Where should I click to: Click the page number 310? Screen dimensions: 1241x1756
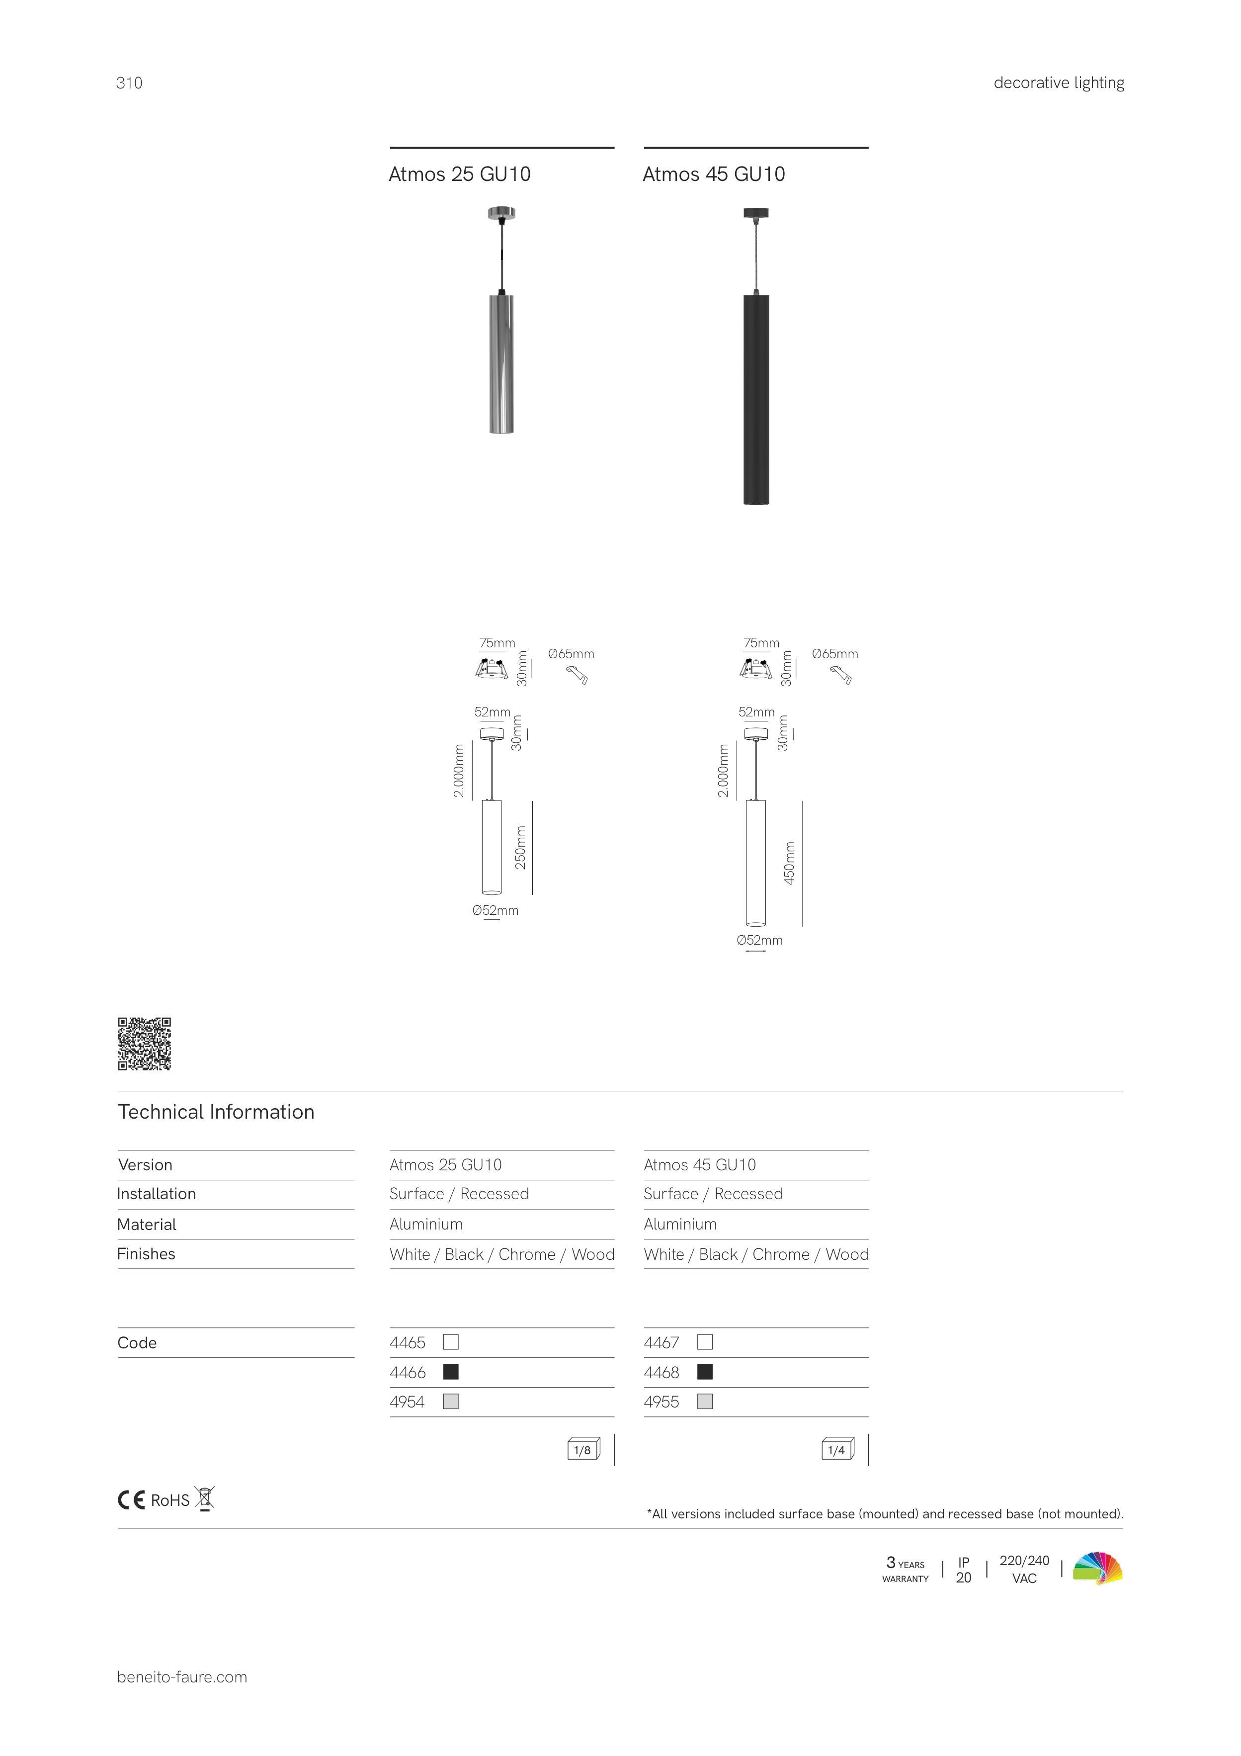(x=129, y=84)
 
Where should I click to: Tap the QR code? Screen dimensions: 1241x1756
(x=145, y=1043)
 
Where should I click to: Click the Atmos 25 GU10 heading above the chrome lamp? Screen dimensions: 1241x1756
(x=460, y=175)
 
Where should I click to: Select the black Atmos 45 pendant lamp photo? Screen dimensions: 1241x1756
(x=756, y=356)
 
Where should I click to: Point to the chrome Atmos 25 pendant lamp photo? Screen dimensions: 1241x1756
(x=501, y=321)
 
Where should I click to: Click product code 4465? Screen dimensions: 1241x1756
(x=408, y=1342)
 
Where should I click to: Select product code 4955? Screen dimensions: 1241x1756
(x=662, y=1402)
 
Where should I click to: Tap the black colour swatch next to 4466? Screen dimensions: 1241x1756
(x=451, y=1372)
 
